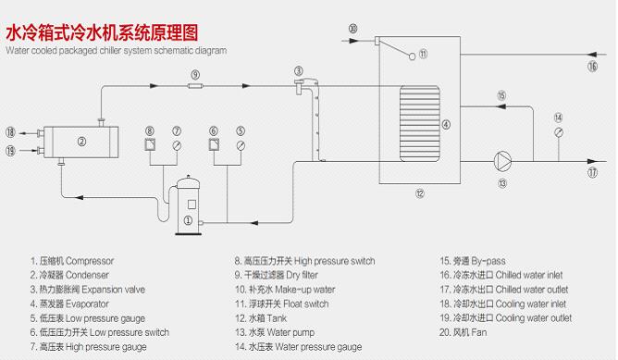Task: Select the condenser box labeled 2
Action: pyautogui.click(x=80, y=142)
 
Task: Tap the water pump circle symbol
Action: pyautogui.click(x=502, y=161)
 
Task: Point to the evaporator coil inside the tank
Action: pyautogui.click(x=420, y=124)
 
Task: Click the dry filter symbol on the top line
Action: pyautogui.click(x=195, y=86)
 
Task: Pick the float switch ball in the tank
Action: pyautogui.click(x=413, y=56)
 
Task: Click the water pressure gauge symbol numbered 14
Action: pyautogui.click(x=559, y=132)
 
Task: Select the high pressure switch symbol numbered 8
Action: pyautogui.click(x=150, y=144)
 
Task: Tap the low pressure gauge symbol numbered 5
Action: pyautogui.click(x=241, y=145)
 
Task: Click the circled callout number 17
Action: pyautogui.click(x=593, y=172)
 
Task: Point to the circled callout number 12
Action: pyautogui.click(x=419, y=193)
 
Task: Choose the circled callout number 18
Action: pyautogui.click(x=11, y=132)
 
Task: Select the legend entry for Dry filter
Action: pyautogui.click(x=277, y=275)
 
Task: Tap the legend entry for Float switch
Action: pyautogui.click(x=282, y=304)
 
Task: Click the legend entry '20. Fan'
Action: pyautogui.click(x=463, y=332)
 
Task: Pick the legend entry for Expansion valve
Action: pyautogui.click(x=88, y=290)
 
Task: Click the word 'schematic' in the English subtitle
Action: pyautogui.click(x=170, y=51)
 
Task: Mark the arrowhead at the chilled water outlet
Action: pyautogui.click(x=592, y=161)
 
